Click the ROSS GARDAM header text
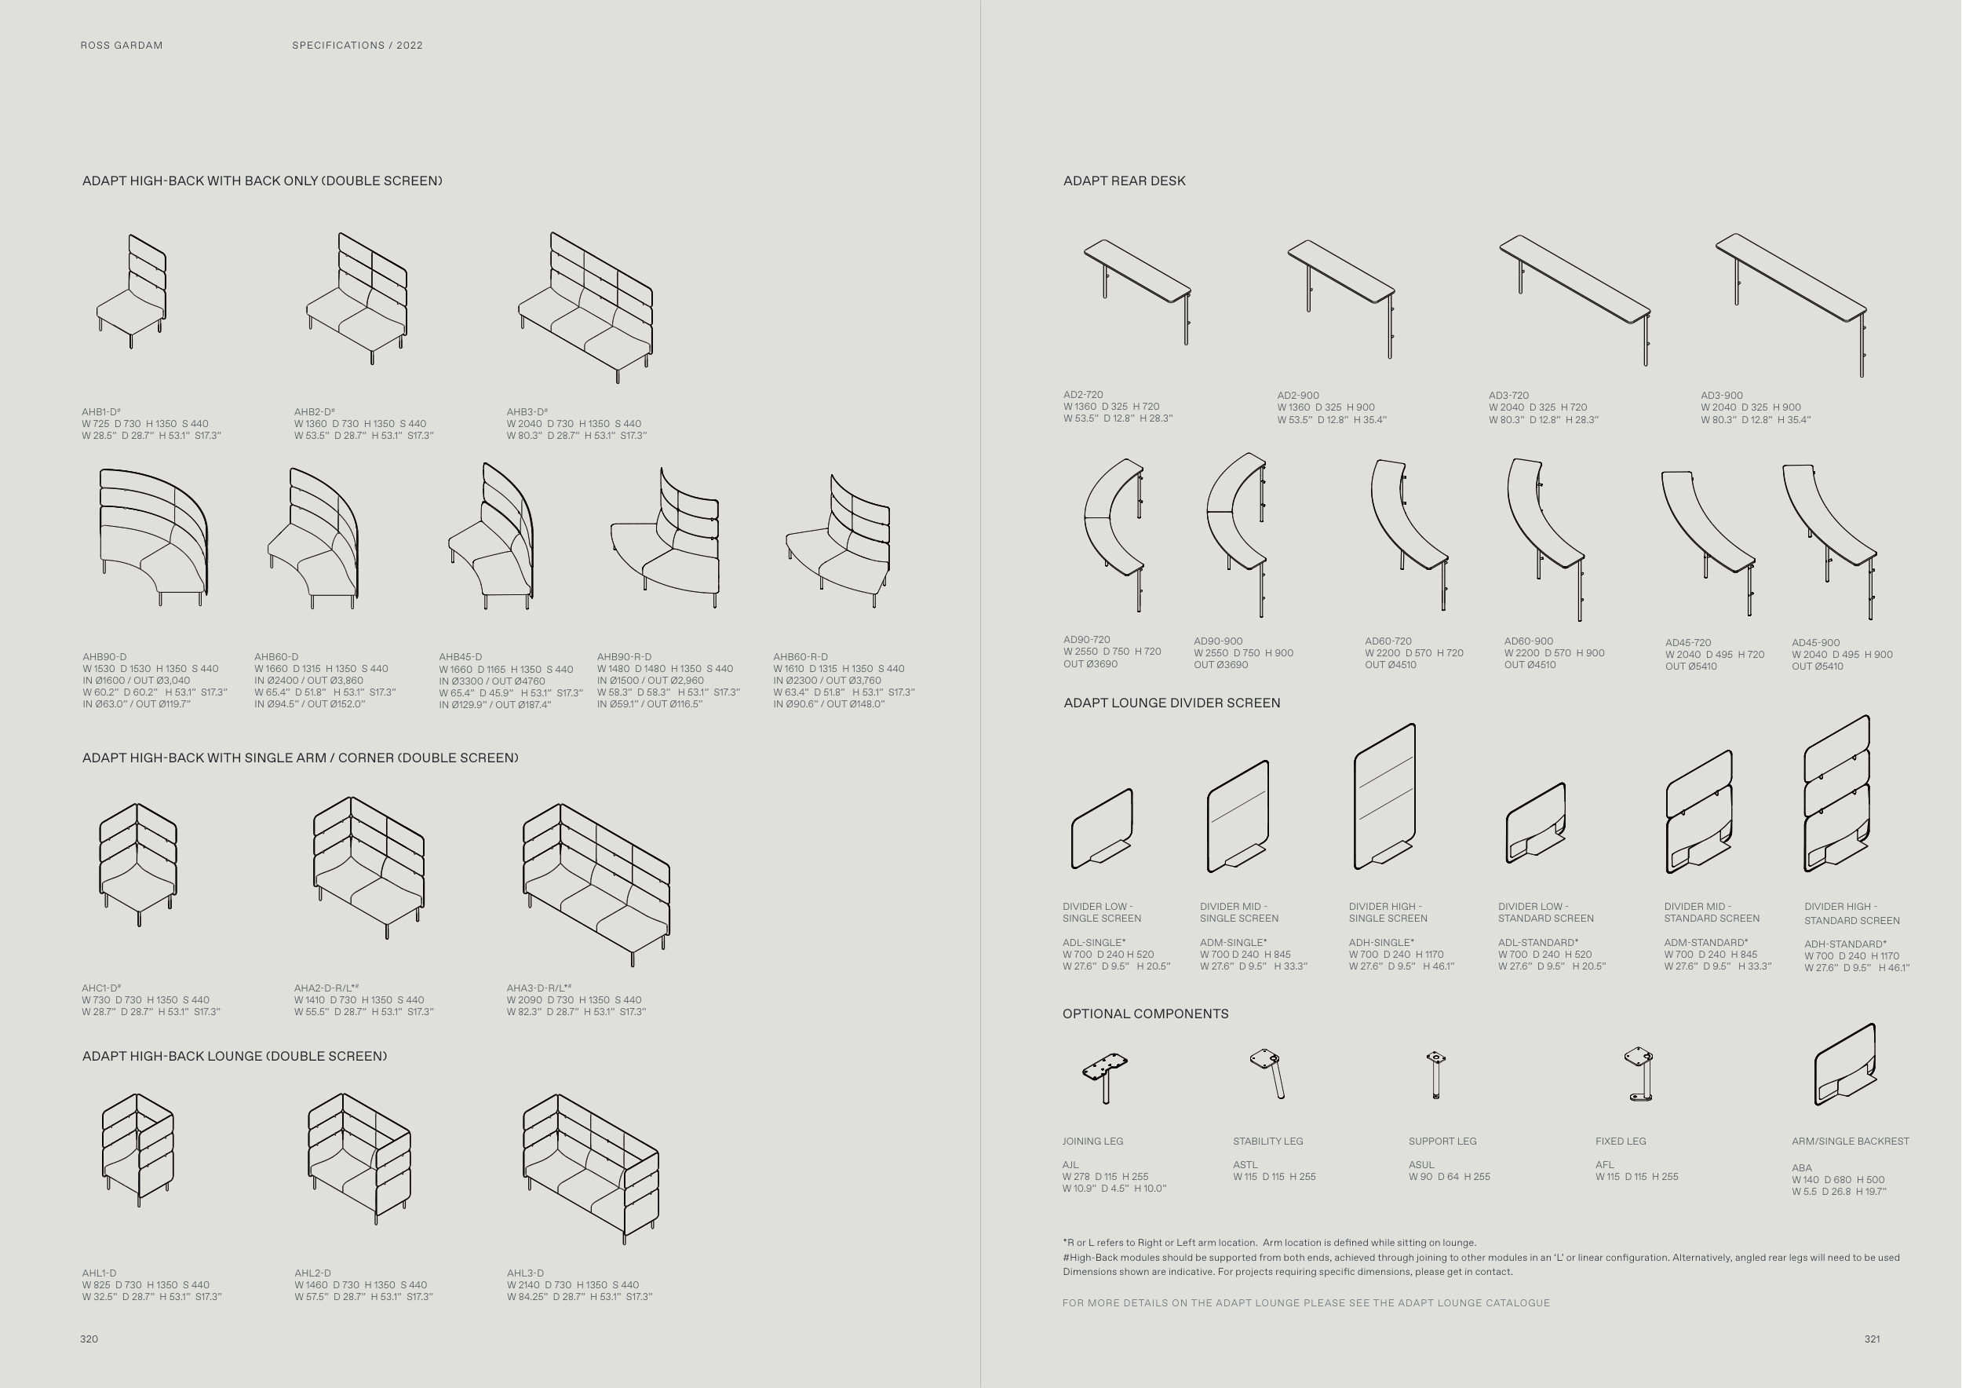pyautogui.click(x=122, y=46)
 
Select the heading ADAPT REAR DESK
pyautogui.click(x=1124, y=181)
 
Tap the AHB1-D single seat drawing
pyautogui.click(x=133, y=290)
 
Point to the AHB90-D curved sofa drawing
pyautogui.click(x=154, y=536)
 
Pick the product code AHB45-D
pyautogui.click(x=460, y=657)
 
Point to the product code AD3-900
pyautogui.click(x=1721, y=396)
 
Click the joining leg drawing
pyautogui.click(x=1105, y=1077)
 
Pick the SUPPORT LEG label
pyautogui.click(x=1442, y=1141)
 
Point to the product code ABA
pyautogui.click(x=1801, y=1167)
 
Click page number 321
pyautogui.click(x=1872, y=1339)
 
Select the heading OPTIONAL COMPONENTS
pyautogui.click(x=1145, y=1014)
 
